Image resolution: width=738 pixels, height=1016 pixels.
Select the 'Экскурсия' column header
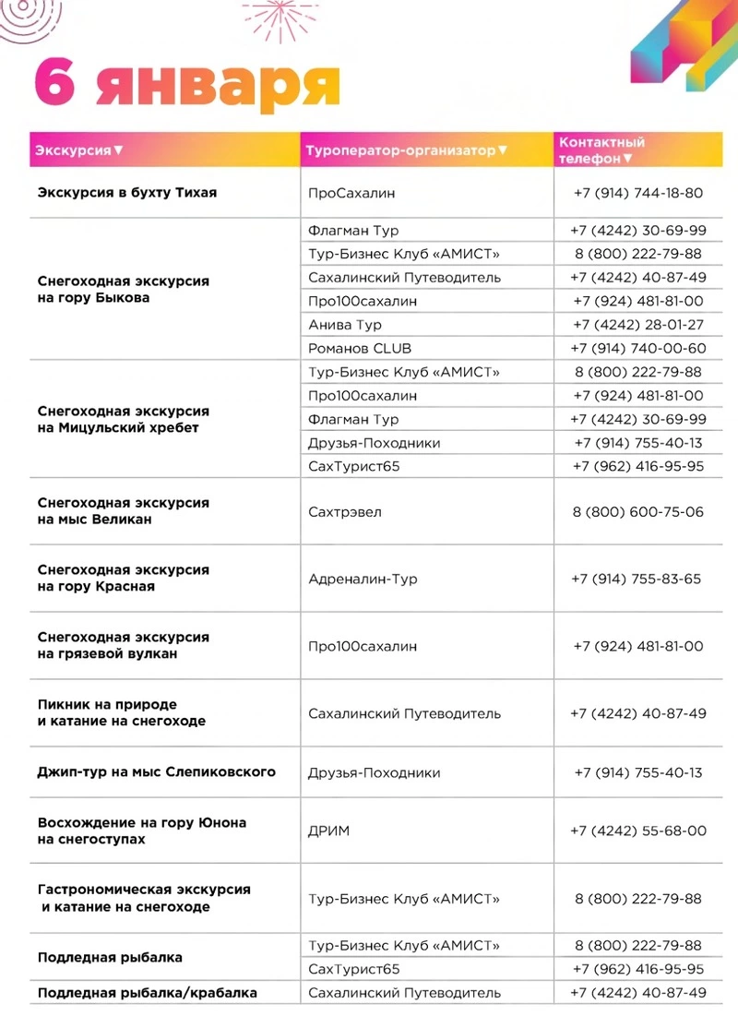[x=79, y=149]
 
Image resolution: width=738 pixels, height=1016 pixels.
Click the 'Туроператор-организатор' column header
[x=406, y=149]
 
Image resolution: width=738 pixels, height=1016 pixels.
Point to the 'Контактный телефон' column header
[x=601, y=149]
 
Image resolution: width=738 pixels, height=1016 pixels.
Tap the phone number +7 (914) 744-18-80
[x=637, y=194]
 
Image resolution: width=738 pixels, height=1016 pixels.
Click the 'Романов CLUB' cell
[x=360, y=349]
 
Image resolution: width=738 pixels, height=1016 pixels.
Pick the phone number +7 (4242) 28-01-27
[x=637, y=325]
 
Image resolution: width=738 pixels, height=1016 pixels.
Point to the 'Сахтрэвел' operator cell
[x=345, y=512]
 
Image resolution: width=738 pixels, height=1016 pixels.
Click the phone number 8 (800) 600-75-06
[x=637, y=512]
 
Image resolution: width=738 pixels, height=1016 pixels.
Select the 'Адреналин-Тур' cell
[x=363, y=580]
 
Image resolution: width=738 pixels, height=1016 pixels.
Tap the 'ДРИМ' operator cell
[x=329, y=831]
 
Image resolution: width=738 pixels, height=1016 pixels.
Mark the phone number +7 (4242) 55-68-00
[x=637, y=831]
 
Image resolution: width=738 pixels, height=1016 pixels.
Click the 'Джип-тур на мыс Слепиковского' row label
[x=157, y=772]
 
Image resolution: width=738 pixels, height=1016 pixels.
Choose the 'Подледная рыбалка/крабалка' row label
[x=148, y=993]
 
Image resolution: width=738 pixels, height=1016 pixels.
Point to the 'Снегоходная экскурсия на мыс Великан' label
[x=123, y=511]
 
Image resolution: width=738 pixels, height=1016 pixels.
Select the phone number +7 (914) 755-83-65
[x=637, y=580]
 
